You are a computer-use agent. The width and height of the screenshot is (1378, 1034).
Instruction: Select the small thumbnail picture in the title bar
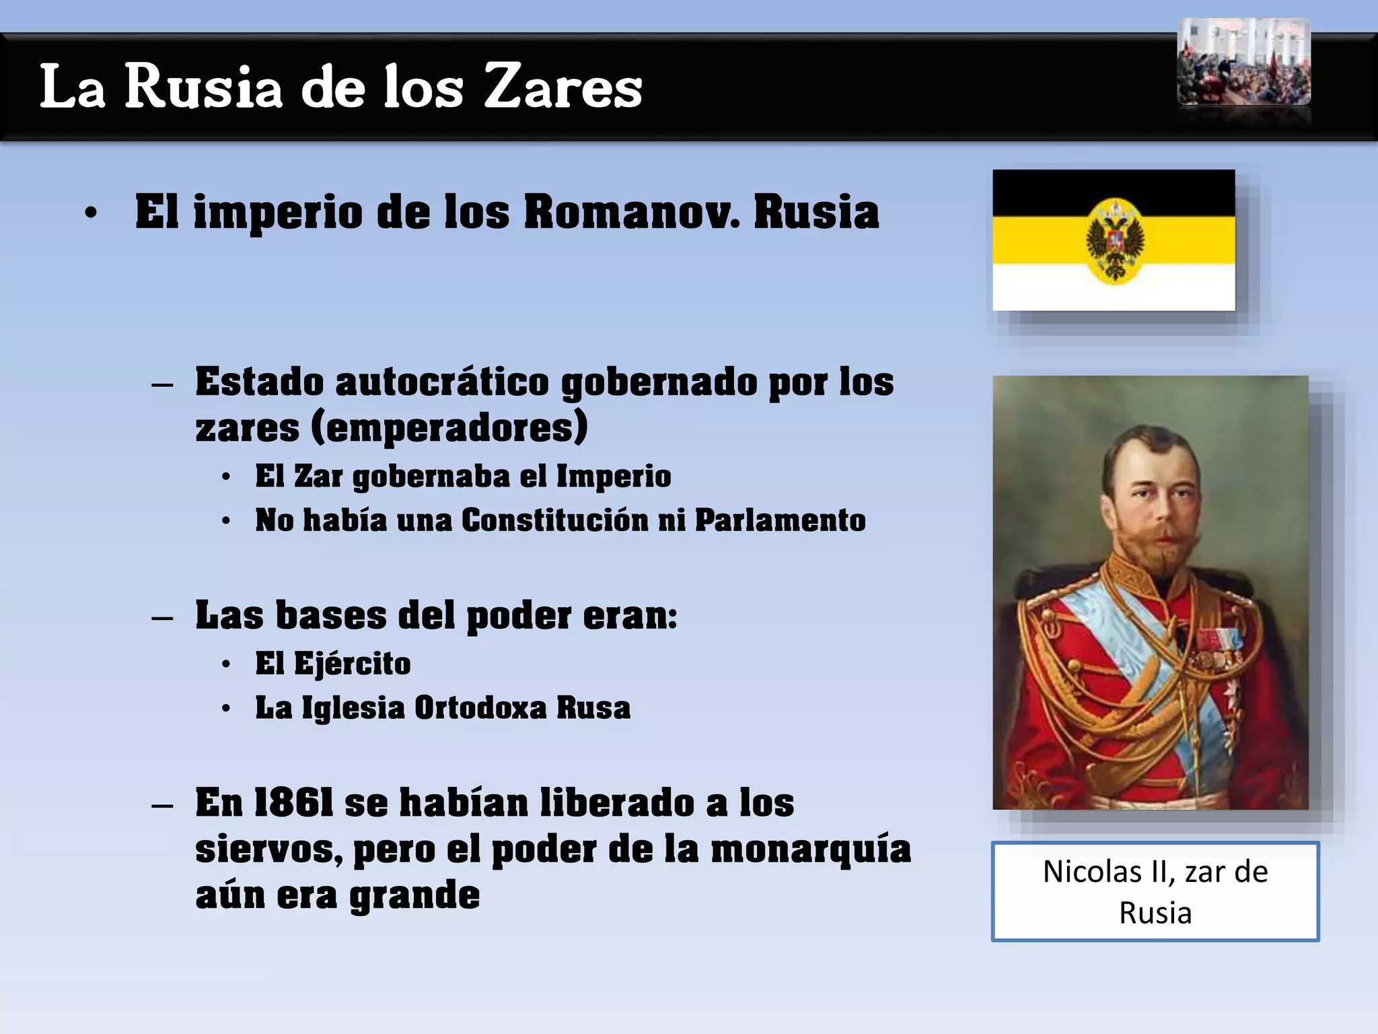[1243, 62]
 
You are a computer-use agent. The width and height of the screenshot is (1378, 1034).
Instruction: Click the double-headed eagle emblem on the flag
[1115, 241]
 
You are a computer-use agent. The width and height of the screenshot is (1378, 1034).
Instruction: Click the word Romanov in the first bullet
[631, 213]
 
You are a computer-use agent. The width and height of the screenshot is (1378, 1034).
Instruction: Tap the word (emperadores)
[449, 428]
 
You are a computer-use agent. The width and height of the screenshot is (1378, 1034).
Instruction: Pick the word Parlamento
[780, 520]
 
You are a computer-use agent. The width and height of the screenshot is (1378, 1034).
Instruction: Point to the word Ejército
[352, 664]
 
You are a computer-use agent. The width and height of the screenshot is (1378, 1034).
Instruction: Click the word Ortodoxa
[480, 708]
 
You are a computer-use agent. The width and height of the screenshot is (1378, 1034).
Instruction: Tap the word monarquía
[810, 850]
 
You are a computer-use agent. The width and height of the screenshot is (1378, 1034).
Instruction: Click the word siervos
[268, 850]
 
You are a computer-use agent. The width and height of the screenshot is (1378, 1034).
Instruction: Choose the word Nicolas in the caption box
[1093, 872]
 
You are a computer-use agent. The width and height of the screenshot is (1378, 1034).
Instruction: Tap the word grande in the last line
[414, 896]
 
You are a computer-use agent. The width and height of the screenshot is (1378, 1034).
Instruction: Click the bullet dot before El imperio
[91, 214]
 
